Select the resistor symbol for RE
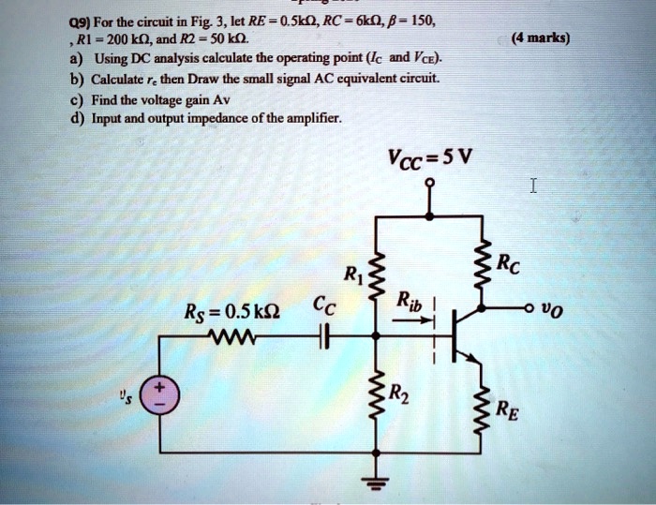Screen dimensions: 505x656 tap(484, 406)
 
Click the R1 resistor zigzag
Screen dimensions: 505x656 tap(377, 272)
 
